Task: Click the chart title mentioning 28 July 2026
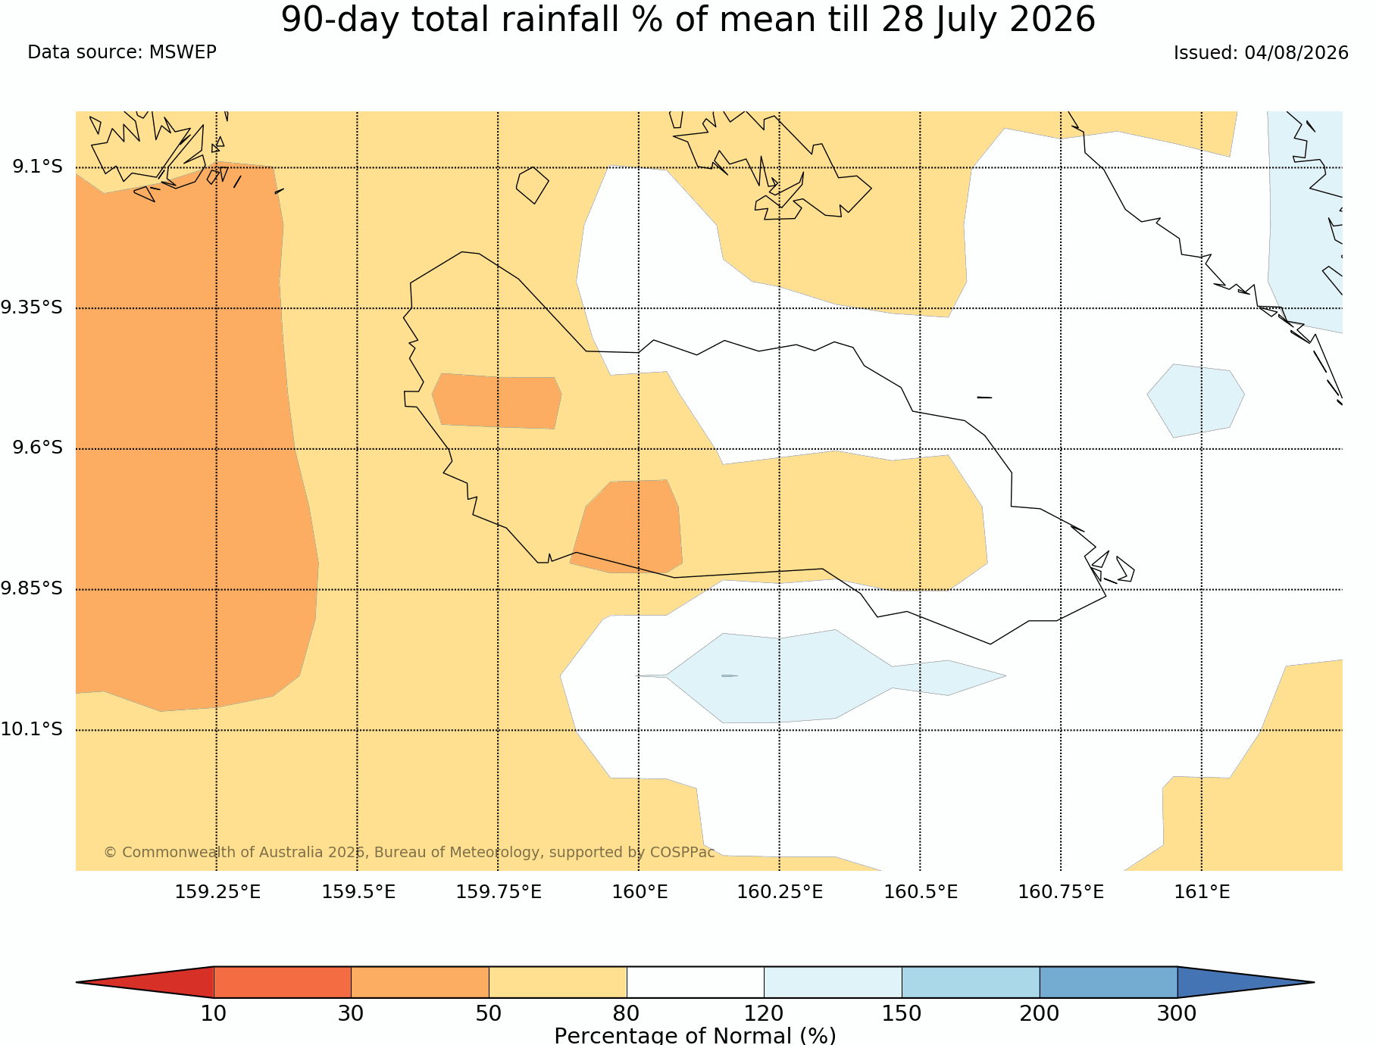688,20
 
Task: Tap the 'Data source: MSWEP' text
122,52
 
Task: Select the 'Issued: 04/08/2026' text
1261,53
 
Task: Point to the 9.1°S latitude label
38,167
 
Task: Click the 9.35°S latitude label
32,307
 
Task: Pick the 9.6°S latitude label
38,448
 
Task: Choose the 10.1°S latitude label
32,729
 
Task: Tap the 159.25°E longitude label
217,892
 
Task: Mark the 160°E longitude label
640,892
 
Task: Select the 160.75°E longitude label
1061,892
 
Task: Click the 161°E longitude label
1202,892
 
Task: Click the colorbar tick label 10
214,1013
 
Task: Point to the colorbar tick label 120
764,1013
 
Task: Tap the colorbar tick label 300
1177,1013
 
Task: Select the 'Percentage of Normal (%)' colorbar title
695,1035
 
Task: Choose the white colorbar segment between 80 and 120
695,982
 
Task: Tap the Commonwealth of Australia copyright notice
409,852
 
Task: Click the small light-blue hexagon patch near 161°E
1196,401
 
